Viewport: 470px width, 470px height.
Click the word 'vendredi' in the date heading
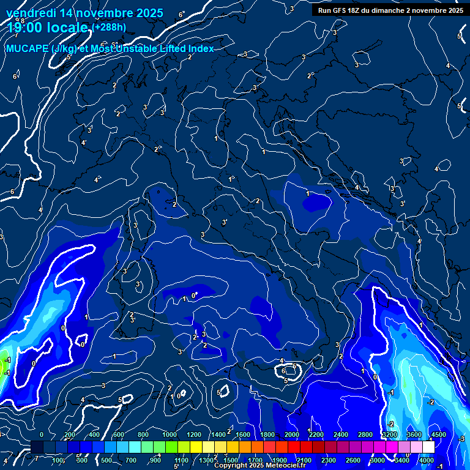[31, 13]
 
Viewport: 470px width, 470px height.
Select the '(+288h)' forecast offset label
[110, 27]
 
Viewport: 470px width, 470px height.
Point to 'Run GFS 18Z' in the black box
[341, 10]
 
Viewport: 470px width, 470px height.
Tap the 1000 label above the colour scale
[170, 435]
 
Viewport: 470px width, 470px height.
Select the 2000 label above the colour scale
[292, 435]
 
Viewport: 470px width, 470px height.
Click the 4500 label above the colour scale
[438, 435]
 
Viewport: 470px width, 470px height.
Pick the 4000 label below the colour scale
[427, 460]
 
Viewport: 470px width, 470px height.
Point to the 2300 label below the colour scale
[329, 460]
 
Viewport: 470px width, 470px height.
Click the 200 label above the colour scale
[69, 435]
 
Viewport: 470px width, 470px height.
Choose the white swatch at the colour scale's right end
[428, 447]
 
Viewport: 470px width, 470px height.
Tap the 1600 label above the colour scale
[243, 435]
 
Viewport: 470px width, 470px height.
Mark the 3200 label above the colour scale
[390, 435]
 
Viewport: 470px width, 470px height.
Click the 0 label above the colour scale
[41, 435]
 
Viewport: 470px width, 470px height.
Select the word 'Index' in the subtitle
[200, 49]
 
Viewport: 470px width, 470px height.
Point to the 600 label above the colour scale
[118, 435]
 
